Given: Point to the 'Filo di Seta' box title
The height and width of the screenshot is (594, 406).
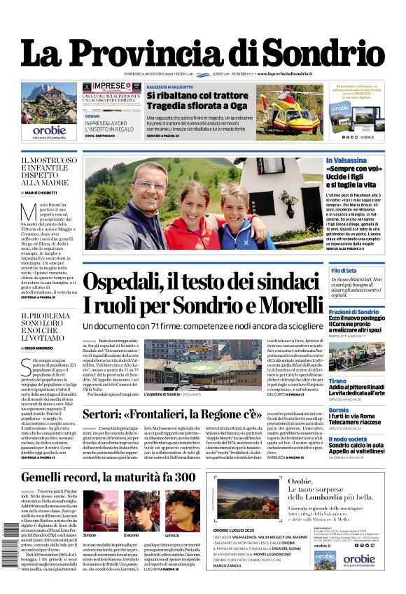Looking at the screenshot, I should coord(344,270).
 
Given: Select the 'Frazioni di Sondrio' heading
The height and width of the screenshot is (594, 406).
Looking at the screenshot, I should coord(353,311).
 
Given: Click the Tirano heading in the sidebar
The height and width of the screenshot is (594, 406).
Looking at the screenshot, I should coord(337,381).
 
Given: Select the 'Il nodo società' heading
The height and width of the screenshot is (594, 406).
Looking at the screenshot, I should coord(348,439).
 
